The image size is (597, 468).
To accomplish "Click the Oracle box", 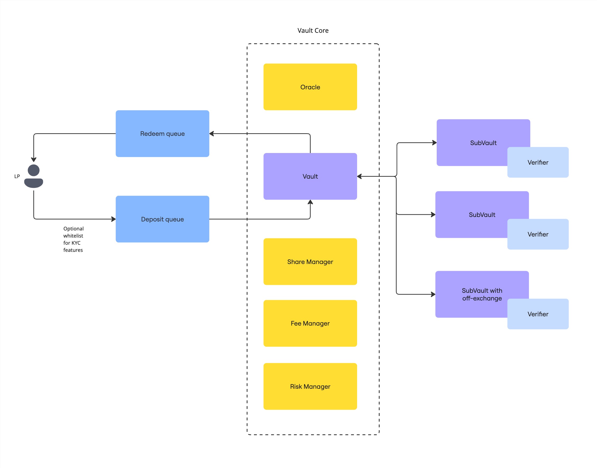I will point(310,87).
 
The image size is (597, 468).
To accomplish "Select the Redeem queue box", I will point(162,133).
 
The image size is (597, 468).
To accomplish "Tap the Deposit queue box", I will point(162,219).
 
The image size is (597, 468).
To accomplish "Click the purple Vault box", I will point(310,176).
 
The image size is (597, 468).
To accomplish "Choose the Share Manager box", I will point(310,261).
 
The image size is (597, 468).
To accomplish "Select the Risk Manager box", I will point(310,386).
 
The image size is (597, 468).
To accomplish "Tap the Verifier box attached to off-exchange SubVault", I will point(538,314).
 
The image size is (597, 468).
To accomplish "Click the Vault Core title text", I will point(313,30).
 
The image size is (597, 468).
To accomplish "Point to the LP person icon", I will point(34,176).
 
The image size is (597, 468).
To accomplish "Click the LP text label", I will point(17,176).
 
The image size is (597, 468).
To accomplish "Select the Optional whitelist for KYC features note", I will point(73,239).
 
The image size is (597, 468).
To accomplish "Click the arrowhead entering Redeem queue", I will point(211,134).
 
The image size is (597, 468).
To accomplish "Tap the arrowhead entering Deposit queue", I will point(113,219).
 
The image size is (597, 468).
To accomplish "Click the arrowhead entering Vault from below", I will point(310,202).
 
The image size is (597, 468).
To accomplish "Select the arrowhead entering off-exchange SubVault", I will point(433,294).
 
